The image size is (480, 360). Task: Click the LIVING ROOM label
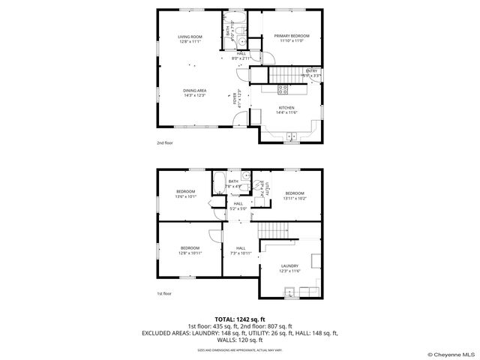pyautogui.click(x=190, y=37)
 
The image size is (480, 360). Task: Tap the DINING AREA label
pyautogui.click(x=195, y=91)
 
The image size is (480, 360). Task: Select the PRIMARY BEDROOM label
pyautogui.click(x=291, y=36)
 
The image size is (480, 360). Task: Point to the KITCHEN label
pyautogui.click(x=286, y=107)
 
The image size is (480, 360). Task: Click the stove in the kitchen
pyautogui.click(x=283, y=88)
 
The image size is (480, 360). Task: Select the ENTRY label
pyautogui.click(x=310, y=70)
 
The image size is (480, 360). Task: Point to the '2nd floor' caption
pyautogui.click(x=164, y=142)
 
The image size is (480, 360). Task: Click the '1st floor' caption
pyautogui.click(x=164, y=293)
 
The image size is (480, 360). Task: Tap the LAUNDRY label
pyautogui.click(x=289, y=265)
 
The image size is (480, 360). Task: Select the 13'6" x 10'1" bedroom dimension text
pyautogui.click(x=185, y=196)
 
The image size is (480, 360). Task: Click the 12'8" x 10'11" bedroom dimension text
pyautogui.click(x=190, y=253)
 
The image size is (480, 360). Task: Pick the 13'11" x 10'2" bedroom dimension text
pyautogui.click(x=293, y=198)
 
